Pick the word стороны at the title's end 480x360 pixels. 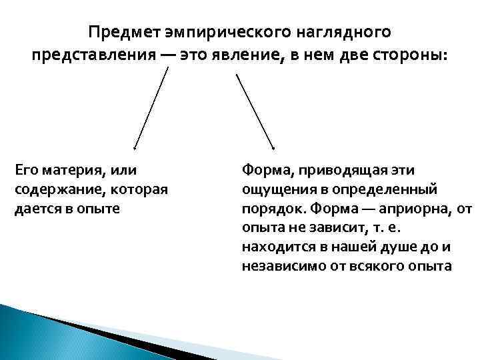[x=413, y=56]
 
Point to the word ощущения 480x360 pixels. [x=275, y=190]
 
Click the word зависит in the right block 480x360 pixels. [x=331, y=228]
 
